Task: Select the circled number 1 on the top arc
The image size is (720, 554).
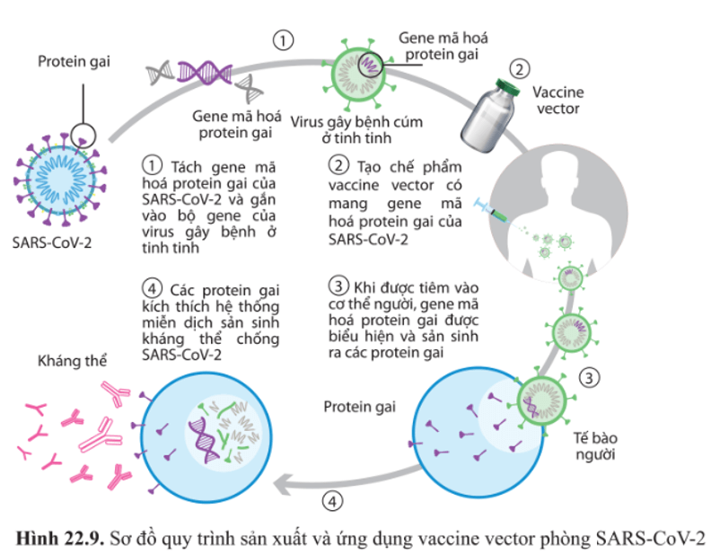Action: (x=284, y=40)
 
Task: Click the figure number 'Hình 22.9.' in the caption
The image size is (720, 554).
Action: (x=57, y=538)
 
